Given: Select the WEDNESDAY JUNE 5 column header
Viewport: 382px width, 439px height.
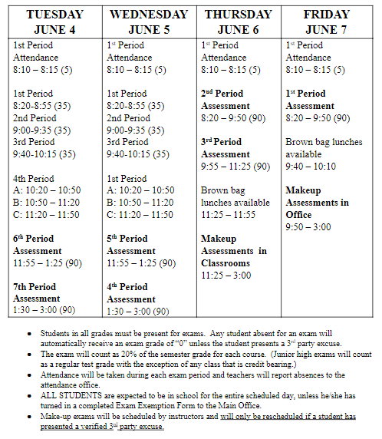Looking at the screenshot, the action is [x=149, y=21].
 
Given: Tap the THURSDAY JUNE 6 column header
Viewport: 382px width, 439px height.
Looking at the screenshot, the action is [x=239, y=21].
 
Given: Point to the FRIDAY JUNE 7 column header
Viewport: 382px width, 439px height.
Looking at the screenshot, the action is [x=327, y=21].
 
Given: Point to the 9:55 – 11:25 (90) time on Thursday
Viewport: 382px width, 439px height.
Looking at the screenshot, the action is [x=235, y=166].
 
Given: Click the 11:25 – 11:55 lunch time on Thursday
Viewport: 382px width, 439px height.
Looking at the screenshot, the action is [x=228, y=215].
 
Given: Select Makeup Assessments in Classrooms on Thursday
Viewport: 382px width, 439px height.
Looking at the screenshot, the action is [x=233, y=251].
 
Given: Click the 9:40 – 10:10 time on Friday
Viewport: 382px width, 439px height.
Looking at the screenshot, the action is [x=311, y=166].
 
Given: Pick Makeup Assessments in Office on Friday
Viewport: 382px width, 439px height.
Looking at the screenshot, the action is [x=317, y=202].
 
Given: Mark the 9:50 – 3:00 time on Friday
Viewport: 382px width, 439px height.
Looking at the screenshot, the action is [x=308, y=227].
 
